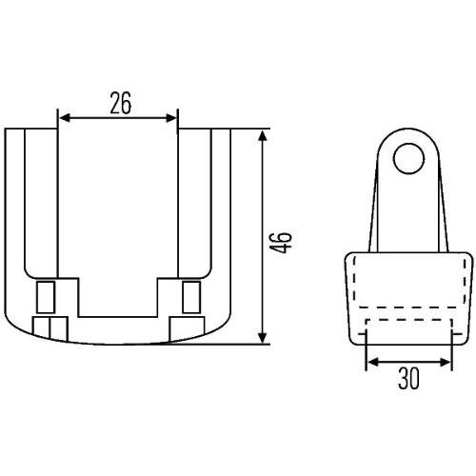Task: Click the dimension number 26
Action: click(119, 103)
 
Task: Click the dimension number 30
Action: click(408, 380)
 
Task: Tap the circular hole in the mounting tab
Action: click(408, 159)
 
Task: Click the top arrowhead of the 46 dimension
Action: click(263, 134)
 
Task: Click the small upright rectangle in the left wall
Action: click(45, 297)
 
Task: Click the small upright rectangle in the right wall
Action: click(191, 297)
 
